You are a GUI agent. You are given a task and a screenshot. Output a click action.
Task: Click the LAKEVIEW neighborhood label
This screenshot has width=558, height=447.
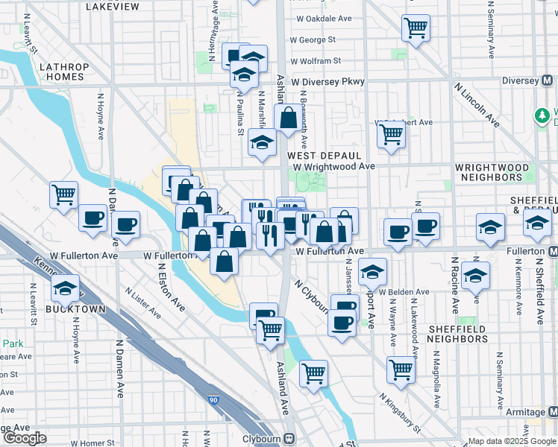pos(113,6)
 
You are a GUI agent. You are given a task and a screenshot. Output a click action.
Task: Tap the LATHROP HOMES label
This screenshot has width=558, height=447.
pos(64,72)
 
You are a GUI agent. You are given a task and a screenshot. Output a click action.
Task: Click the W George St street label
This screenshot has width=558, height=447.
pos(313,39)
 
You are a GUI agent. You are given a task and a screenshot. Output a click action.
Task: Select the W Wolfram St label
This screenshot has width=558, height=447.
pos(316,61)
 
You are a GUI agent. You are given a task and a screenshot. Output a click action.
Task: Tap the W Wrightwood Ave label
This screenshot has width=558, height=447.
pos(333,167)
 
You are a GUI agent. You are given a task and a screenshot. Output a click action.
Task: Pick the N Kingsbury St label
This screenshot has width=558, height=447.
pos(399,411)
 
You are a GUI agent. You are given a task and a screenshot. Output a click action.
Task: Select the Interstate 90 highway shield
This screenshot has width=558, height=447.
pos(214,401)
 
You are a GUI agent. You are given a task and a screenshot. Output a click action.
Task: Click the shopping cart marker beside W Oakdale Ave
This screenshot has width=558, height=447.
pos(416,28)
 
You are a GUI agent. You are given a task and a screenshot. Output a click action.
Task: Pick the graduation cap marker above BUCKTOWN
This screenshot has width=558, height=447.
pos(66,288)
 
